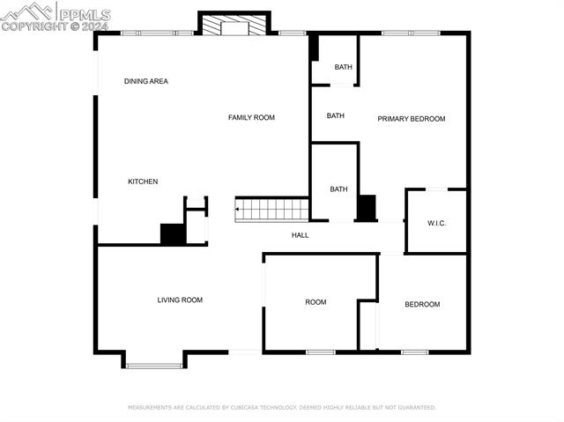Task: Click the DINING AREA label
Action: pos(145,81)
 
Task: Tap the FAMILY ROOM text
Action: pos(251,117)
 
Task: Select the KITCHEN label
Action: pos(143,181)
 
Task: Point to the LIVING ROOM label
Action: pos(180,300)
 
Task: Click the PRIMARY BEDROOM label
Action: pos(412,118)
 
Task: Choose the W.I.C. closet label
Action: pos(437,223)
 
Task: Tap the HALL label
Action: pos(300,235)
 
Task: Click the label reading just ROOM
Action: pos(315,302)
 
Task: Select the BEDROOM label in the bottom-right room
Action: pos(422,304)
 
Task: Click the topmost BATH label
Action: pos(343,67)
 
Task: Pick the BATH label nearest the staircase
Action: pos(338,189)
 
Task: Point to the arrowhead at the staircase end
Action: pos(237,210)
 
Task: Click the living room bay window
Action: pos(154,365)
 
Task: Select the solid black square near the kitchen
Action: pos(173,233)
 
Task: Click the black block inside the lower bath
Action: pos(366,208)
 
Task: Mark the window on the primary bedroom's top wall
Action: pos(411,33)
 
